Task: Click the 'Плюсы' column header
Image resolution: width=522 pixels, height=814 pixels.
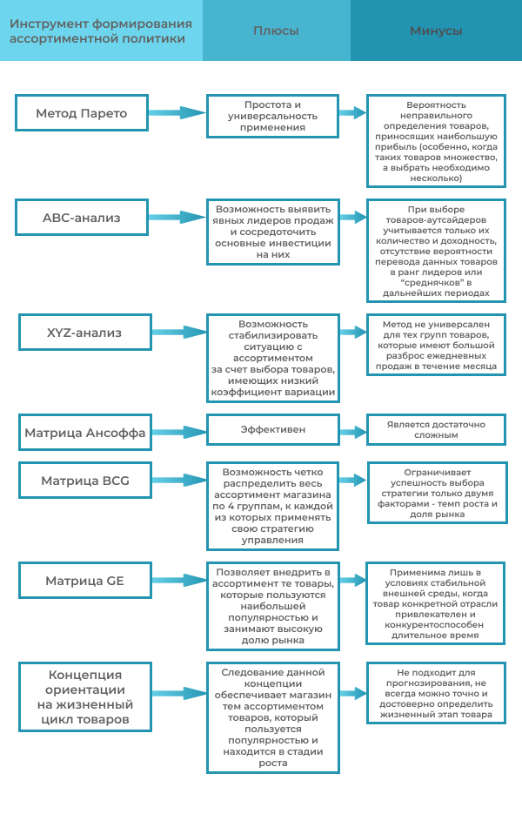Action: click(276, 30)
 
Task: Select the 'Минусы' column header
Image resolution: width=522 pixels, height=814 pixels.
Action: click(436, 30)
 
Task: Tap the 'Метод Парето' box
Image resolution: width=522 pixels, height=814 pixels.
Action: click(82, 113)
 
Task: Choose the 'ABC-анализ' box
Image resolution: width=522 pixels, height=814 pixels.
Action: click(82, 217)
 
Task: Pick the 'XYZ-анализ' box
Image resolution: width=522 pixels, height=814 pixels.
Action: click(84, 332)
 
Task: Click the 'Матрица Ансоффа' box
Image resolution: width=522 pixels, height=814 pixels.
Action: click(84, 432)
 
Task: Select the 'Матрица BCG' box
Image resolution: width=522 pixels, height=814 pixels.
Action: click(84, 480)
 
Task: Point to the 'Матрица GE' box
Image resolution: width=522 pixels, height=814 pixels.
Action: click(84, 580)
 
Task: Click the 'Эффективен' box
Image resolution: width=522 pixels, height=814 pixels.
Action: click(272, 429)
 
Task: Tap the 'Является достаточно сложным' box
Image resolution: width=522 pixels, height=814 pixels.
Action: click(436, 428)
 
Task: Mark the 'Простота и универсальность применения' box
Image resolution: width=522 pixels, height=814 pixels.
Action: click(273, 116)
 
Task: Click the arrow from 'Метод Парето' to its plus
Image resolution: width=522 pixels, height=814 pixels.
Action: click(177, 113)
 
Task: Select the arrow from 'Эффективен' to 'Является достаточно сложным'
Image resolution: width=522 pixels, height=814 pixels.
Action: click(351, 429)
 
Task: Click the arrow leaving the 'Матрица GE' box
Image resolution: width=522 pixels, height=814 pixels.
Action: click(177, 580)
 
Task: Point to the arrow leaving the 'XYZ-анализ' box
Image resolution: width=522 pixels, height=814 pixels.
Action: click(177, 332)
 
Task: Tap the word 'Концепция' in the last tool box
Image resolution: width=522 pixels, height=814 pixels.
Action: click(84, 676)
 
